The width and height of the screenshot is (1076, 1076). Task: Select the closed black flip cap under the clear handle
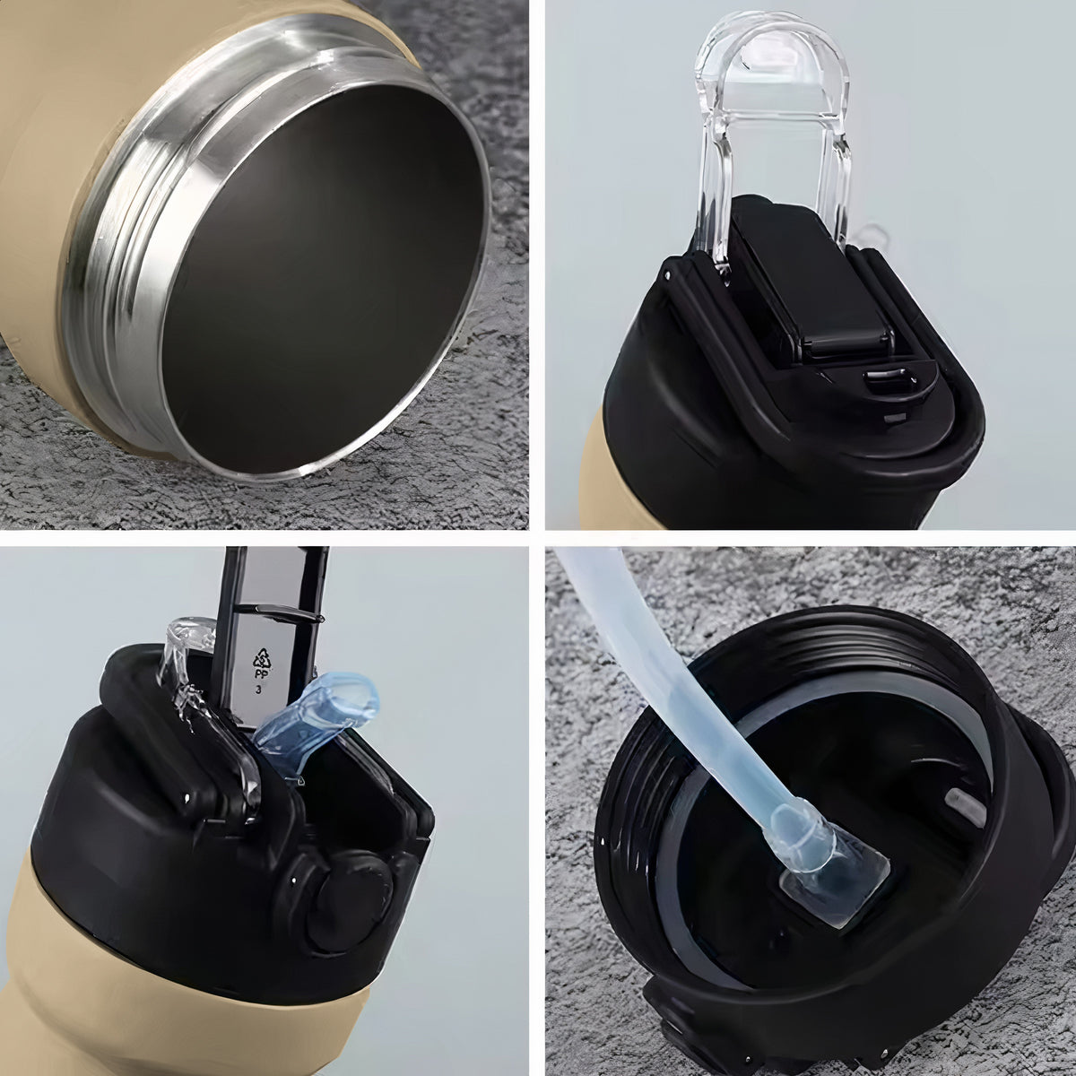point(810,279)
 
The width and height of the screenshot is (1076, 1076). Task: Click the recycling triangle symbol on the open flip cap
point(263,659)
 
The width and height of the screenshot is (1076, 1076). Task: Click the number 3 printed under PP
point(258,690)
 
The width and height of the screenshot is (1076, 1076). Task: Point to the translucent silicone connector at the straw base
point(827,871)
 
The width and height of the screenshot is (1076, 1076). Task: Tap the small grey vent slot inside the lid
point(966,807)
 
